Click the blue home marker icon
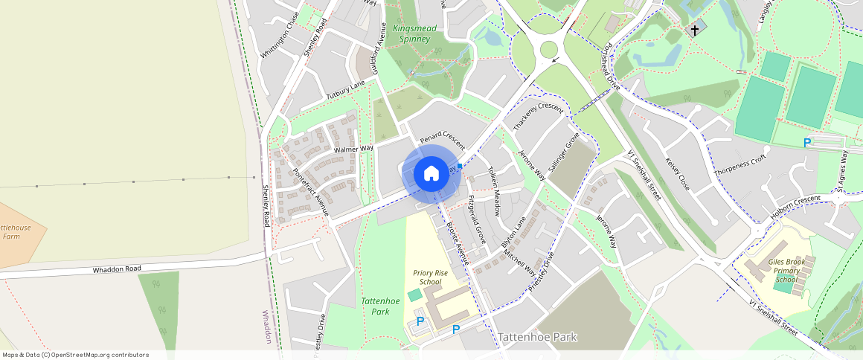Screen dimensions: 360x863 (x=431, y=174)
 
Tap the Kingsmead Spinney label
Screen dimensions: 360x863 (x=414, y=33)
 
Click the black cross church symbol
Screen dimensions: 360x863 (x=695, y=30)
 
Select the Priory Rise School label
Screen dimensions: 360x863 (x=430, y=277)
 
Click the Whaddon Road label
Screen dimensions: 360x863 (x=117, y=269)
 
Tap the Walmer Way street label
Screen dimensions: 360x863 (x=353, y=150)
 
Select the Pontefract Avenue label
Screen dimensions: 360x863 (x=311, y=191)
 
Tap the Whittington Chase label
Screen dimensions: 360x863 (x=280, y=36)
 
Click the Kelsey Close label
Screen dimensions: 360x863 (x=678, y=173)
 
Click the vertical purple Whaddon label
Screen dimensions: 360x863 (x=268, y=327)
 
